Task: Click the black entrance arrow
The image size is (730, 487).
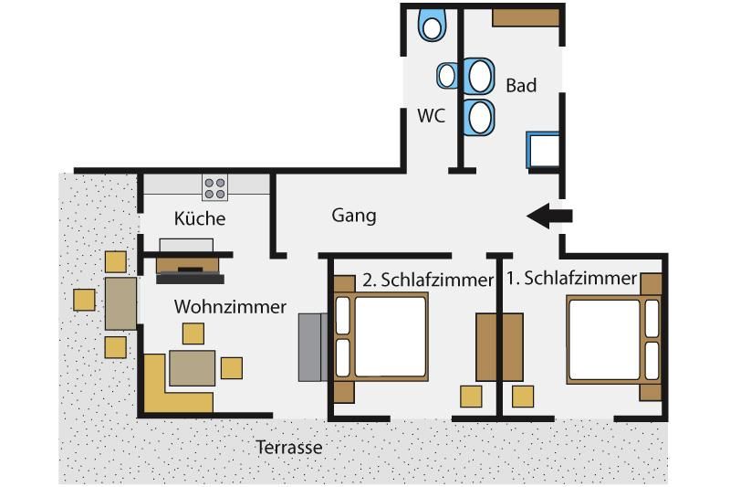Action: [550, 217]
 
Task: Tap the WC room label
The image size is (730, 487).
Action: [431, 116]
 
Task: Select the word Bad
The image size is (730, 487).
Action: [521, 86]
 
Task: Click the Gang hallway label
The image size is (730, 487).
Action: [354, 216]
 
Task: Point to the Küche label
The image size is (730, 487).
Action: [200, 218]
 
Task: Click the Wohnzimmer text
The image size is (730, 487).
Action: [230, 307]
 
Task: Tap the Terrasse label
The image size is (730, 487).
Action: [288, 448]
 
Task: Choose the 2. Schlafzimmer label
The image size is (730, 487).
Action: [427, 280]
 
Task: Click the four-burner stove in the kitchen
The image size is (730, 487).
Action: [215, 188]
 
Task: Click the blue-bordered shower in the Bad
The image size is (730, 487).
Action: [545, 150]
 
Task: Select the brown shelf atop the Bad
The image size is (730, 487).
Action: [525, 16]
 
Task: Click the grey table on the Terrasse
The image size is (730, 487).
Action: [120, 303]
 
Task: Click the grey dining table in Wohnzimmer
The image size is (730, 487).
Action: [193, 367]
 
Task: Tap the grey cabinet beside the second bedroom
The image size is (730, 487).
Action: [313, 347]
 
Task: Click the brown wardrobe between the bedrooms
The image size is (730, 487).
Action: [500, 346]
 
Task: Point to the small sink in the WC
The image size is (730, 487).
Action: [446, 75]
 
